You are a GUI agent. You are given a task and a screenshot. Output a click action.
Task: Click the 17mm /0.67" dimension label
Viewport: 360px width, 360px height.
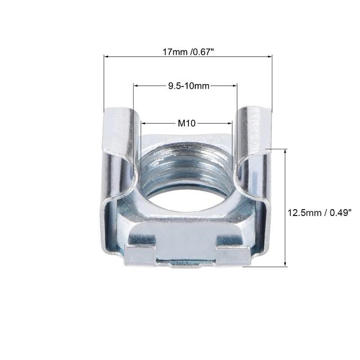pos(188,52)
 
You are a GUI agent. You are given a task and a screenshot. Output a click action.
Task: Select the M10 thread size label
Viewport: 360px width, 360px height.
pos(187,122)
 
